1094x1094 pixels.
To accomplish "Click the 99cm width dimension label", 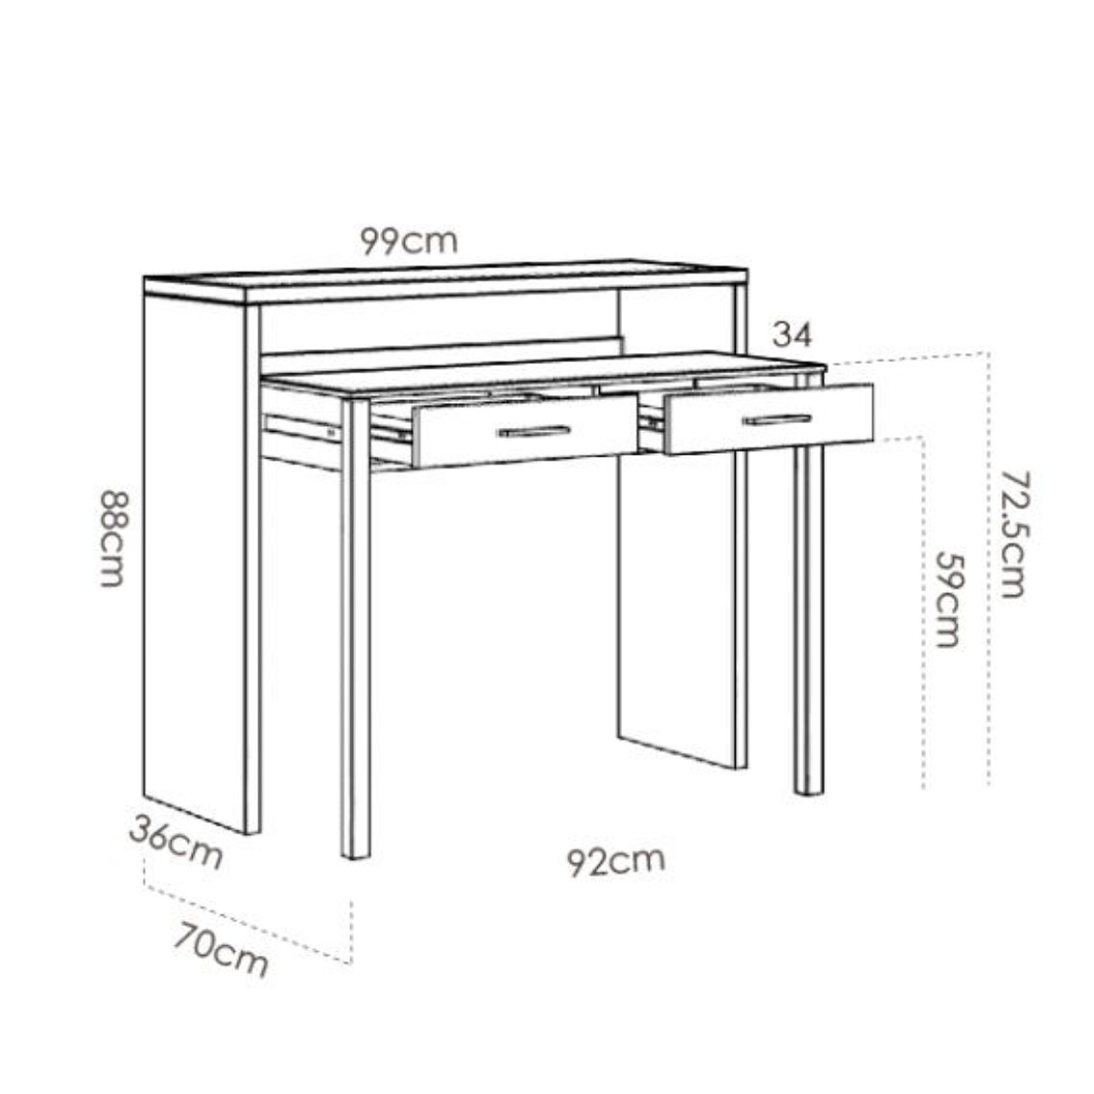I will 410,240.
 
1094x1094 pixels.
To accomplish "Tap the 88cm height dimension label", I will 113,538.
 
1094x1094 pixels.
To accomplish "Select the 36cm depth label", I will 176,843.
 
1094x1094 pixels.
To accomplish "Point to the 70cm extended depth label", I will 221,949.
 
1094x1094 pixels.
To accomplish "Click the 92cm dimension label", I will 615,861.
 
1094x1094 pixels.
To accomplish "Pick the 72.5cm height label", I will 1012,534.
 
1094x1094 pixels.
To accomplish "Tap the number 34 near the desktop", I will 792,335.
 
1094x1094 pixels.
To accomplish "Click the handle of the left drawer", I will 534,432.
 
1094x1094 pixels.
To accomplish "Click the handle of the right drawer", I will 776,419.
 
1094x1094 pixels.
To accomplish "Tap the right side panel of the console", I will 677,614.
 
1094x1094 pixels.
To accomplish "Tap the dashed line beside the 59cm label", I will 923,614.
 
